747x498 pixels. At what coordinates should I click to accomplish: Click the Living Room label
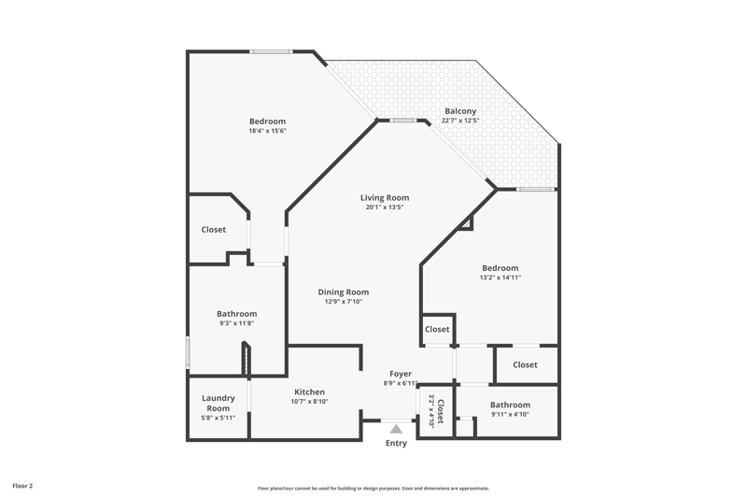pyautogui.click(x=385, y=198)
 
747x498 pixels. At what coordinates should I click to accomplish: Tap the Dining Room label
pyautogui.click(x=344, y=292)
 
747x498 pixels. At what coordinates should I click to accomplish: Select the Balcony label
pyautogui.click(x=460, y=111)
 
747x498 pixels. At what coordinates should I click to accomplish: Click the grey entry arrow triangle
pyautogui.click(x=396, y=430)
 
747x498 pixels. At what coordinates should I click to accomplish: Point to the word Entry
pyautogui.click(x=396, y=443)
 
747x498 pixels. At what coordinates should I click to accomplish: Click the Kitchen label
pyautogui.click(x=310, y=391)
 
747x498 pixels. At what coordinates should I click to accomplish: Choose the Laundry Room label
pyautogui.click(x=218, y=404)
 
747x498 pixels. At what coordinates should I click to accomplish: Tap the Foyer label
pyautogui.click(x=401, y=374)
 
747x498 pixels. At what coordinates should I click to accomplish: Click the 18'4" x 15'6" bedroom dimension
pyautogui.click(x=267, y=131)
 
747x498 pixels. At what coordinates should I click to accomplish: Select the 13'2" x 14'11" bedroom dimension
pyautogui.click(x=500, y=277)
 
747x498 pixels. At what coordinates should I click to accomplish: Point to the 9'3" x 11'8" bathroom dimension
pyautogui.click(x=237, y=323)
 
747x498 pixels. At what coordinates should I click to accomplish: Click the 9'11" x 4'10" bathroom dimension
pyautogui.click(x=510, y=414)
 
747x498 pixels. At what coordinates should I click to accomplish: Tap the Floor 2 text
pyautogui.click(x=22, y=486)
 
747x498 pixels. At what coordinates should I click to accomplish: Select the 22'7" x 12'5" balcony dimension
pyautogui.click(x=460, y=121)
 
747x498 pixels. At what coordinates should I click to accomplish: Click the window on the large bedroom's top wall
pyautogui.click(x=271, y=51)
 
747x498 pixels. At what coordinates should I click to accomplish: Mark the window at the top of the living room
pyautogui.click(x=403, y=121)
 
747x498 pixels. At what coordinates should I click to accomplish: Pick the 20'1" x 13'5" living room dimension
pyautogui.click(x=385, y=207)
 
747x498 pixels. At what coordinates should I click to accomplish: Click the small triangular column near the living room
pyautogui.click(x=468, y=223)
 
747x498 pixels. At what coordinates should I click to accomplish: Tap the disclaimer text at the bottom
pyautogui.click(x=373, y=488)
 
